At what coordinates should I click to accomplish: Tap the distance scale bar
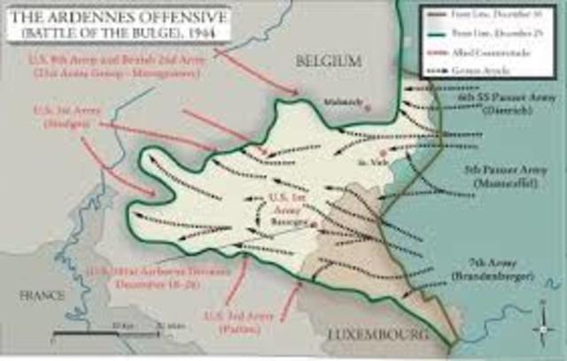pyautogui.click(x=115, y=336)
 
